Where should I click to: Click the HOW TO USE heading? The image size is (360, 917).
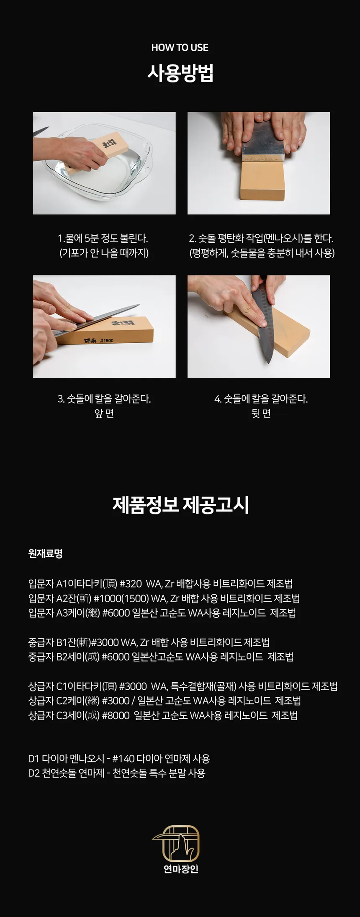180,48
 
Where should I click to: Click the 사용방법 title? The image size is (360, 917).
180,73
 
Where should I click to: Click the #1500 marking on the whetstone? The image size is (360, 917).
107,341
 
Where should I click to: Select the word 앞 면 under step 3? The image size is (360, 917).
104,414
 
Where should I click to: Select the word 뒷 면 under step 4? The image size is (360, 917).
261,414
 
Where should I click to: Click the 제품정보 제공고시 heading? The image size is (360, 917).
180,504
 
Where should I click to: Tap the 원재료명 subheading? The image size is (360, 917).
45,553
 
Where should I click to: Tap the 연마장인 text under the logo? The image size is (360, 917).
180,869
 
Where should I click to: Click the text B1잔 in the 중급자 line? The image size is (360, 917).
67,642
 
